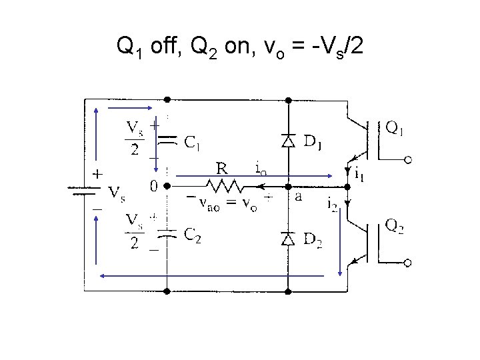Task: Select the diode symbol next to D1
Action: coord(288,141)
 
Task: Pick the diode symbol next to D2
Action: coord(288,239)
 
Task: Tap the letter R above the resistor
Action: coord(221,167)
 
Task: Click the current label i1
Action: coord(359,175)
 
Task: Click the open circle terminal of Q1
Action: coord(408,160)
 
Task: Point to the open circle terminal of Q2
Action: coord(408,264)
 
